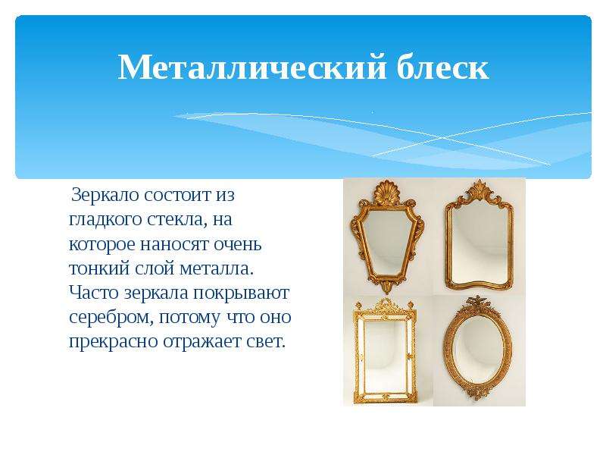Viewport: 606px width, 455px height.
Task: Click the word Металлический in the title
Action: (252, 67)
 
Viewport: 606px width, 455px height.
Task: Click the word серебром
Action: (111, 318)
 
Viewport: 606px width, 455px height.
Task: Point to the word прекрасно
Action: (113, 342)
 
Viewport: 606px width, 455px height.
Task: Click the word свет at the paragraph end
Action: (266, 342)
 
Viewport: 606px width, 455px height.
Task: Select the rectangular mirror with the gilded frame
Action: (386, 351)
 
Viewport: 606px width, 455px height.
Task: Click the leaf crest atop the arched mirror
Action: (479, 191)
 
